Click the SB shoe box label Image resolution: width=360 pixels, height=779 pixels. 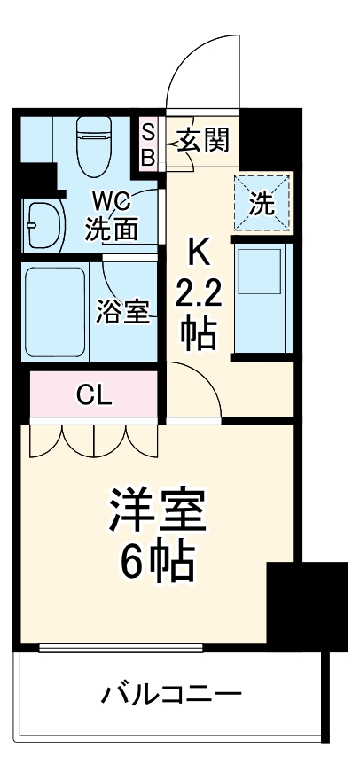tap(149, 144)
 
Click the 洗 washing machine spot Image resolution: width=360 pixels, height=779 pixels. tap(262, 204)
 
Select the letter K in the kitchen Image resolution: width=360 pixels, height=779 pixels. tap(200, 255)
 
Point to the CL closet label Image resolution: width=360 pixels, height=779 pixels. tap(94, 396)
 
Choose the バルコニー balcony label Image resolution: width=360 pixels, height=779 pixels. tap(171, 693)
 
